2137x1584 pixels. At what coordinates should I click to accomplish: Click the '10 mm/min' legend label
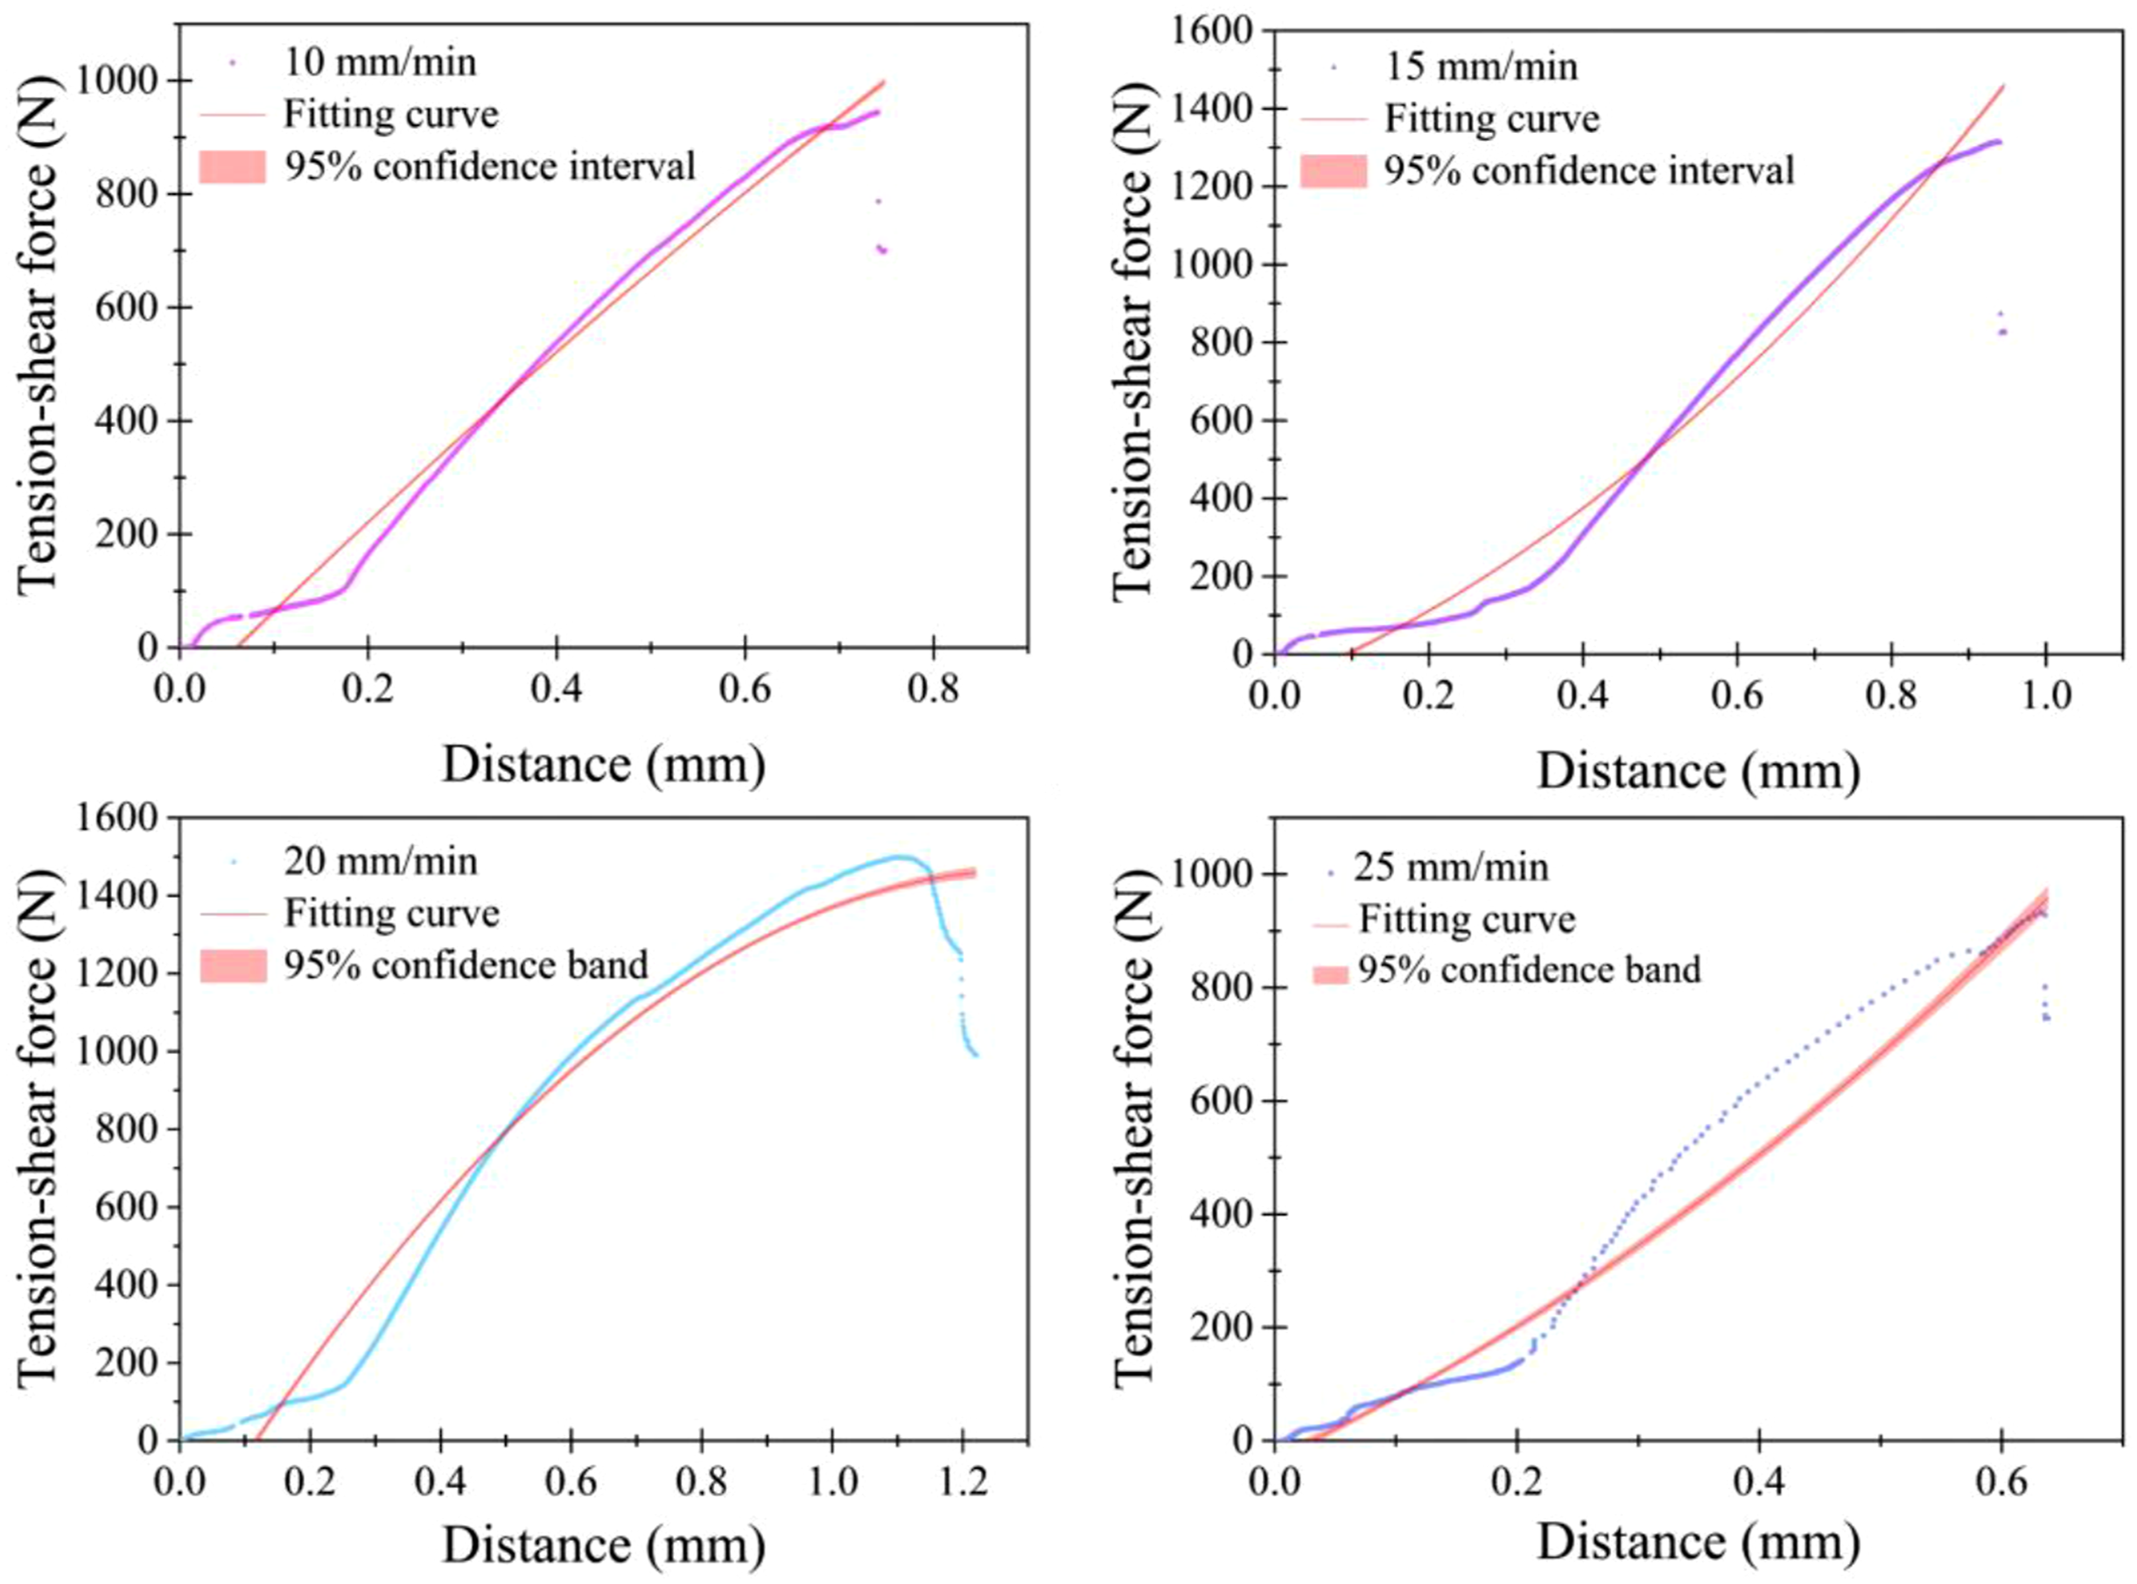click(380, 63)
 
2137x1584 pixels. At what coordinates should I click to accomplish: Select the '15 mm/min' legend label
click(1481, 67)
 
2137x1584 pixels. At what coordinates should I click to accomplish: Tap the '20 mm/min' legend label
click(381, 861)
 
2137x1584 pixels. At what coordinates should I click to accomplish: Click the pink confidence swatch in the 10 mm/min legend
click(232, 167)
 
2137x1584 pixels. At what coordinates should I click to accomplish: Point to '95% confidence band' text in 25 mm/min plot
click(1529, 970)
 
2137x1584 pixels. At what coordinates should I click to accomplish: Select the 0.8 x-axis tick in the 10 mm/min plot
click(933, 689)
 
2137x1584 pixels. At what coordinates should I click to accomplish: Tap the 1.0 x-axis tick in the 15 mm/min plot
click(2045, 694)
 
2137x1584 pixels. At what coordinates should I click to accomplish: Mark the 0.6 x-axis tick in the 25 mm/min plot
click(2000, 1482)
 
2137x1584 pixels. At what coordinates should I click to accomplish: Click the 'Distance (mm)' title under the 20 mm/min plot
click(604, 1545)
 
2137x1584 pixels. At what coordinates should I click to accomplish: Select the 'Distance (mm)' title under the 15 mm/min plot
click(1699, 771)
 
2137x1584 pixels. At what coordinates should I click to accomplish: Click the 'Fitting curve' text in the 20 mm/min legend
click(391, 913)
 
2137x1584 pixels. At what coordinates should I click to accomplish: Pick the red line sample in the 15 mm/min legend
click(1334, 120)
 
